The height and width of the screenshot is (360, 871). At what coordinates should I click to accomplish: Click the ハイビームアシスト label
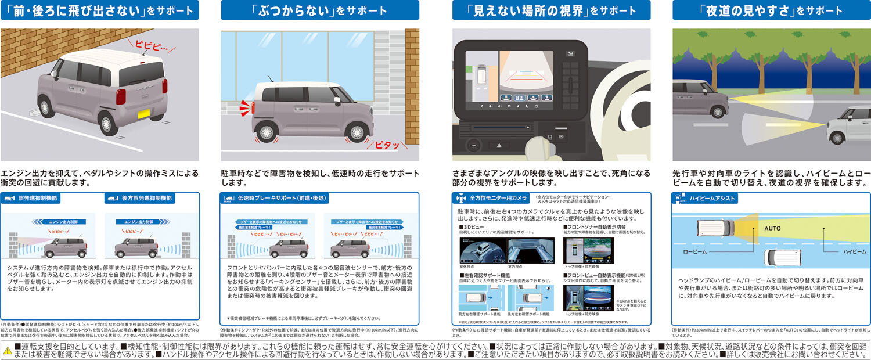click(712, 199)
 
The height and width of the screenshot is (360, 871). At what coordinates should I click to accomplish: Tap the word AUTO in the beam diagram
click(772, 228)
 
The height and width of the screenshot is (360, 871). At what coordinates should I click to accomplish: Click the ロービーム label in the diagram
click(696, 252)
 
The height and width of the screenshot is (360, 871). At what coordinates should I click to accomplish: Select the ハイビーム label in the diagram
click(854, 252)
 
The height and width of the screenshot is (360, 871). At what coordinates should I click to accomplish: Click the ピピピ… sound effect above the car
click(150, 44)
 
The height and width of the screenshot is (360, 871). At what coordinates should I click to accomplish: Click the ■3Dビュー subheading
click(473, 226)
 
